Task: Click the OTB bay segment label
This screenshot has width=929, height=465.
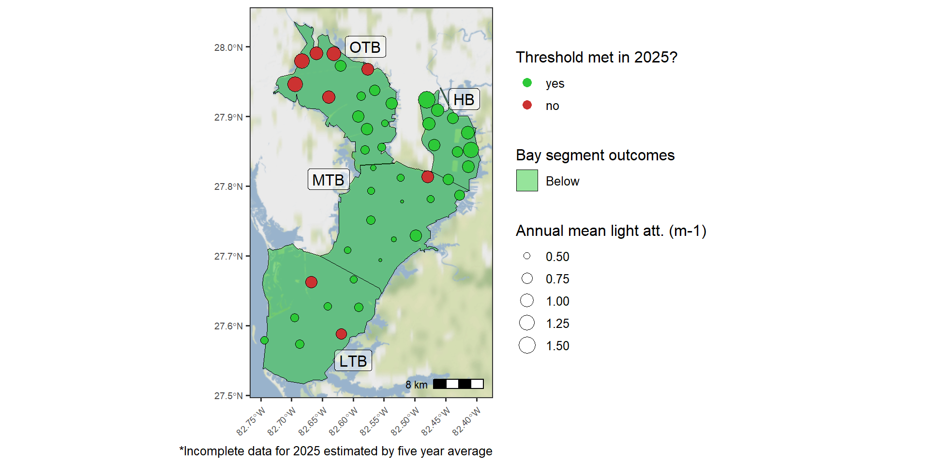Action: pyautogui.click(x=365, y=47)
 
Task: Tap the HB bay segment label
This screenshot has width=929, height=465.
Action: pyautogui.click(x=464, y=99)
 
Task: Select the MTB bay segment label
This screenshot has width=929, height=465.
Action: pyautogui.click(x=329, y=180)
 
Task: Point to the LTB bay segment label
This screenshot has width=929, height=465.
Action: pyautogui.click(x=353, y=361)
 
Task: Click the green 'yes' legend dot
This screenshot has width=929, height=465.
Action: pyautogui.click(x=527, y=83)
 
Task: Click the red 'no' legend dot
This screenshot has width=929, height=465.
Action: pyautogui.click(x=527, y=105)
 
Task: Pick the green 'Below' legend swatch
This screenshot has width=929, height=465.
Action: pyautogui.click(x=527, y=181)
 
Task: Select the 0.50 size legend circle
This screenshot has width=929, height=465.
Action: pyautogui.click(x=527, y=256)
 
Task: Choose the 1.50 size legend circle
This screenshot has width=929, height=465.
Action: pyautogui.click(x=527, y=345)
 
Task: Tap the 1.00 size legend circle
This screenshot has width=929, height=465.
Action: pyautogui.click(x=527, y=301)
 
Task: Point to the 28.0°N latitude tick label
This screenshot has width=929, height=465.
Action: pyautogui.click(x=228, y=47)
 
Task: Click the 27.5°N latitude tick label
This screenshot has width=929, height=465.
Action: pyautogui.click(x=228, y=396)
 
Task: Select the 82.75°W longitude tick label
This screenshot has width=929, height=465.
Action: pyautogui.click(x=251, y=421)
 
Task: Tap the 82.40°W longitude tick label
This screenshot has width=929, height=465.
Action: pyautogui.click(x=467, y=421)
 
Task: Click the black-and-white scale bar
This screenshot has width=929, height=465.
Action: pyautogui.click(x=458, y=384)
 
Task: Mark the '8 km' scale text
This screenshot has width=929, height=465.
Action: pyautogui.click(x=417, y=385)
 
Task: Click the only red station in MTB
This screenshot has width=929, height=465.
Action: pyautogui.click(x=427, y=177)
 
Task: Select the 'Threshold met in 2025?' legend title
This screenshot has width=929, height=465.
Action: pyautogui.click(x=597, y=57)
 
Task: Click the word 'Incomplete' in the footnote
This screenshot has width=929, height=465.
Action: pyautogui.click(x=214, y=451)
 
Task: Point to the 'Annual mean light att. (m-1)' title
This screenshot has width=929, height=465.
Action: pyautogui.click(x=611, y=231)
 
